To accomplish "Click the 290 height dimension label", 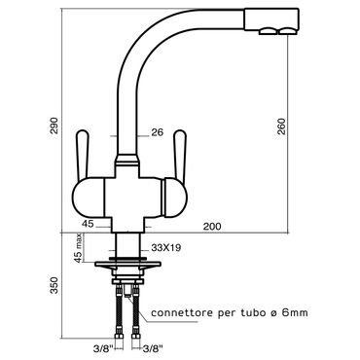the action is (54, 126).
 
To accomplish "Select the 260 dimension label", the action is (282, 126).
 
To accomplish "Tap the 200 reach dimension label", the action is (212, 226).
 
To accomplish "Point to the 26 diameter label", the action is (157, 132).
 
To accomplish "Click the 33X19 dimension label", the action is (166, 248).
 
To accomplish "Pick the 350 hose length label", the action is (54, 285).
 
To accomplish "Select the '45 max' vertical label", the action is (78, 249).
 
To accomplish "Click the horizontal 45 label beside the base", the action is (88, 224).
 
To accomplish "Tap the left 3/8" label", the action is (102, 349).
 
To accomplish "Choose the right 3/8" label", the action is (153, 349).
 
